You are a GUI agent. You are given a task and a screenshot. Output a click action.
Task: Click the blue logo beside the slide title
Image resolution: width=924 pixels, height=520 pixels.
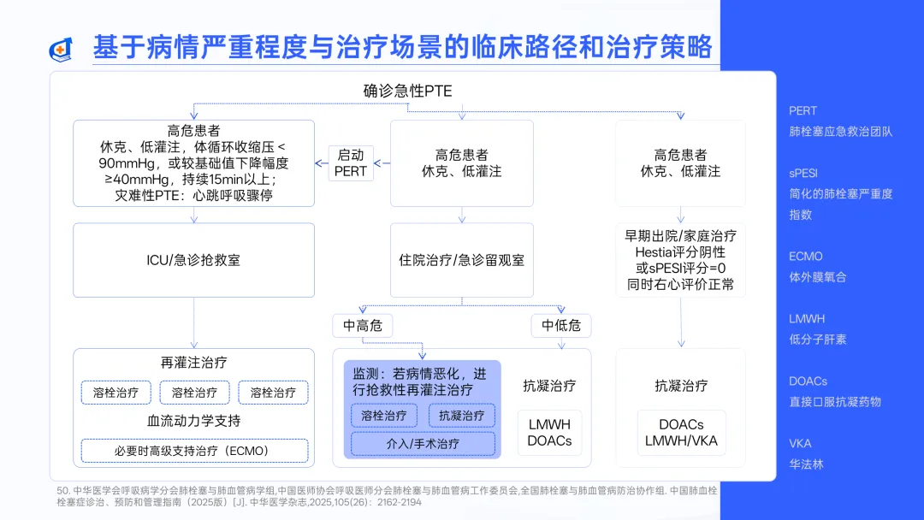60,49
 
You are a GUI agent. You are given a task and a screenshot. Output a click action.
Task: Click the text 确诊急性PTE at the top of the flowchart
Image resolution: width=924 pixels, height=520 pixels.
407,91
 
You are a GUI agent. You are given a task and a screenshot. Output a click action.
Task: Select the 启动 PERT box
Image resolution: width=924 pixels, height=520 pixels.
351,162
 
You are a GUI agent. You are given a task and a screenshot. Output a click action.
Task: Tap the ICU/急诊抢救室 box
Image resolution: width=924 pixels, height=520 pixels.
193,260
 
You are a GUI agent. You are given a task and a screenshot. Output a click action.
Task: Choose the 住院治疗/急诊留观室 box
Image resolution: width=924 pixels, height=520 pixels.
462,260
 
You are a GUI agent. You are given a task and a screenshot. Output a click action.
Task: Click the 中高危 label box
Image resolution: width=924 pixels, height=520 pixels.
363,325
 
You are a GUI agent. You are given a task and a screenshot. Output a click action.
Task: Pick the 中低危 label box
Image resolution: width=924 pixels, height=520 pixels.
561,325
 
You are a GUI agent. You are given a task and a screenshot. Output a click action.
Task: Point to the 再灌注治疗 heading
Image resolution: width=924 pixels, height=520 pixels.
193,363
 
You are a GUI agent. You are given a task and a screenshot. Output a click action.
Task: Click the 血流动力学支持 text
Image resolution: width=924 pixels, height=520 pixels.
193,421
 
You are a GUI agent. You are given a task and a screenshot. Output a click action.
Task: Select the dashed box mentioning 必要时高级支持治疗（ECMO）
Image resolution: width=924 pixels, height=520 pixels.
193,450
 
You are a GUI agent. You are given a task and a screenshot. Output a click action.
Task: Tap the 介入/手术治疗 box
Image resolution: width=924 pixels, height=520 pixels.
423,444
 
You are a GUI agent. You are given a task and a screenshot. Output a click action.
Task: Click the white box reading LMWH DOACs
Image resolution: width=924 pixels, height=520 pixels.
549,433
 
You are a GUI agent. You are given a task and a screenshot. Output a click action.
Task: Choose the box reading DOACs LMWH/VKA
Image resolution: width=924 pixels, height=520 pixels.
681,433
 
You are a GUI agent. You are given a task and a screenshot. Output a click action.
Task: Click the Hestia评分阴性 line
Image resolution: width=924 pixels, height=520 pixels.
680,252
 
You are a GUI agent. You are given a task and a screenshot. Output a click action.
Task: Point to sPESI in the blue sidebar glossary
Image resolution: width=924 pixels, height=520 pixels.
803,173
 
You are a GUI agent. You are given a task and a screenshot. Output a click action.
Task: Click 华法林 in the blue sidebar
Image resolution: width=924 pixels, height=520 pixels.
805,464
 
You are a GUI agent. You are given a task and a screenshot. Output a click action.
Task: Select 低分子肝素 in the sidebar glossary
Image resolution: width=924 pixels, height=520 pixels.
817,340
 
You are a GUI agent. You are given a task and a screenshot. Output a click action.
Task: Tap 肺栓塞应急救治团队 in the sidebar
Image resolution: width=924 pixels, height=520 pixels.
840,132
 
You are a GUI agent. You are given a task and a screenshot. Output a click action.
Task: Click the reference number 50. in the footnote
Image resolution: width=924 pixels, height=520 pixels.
62,490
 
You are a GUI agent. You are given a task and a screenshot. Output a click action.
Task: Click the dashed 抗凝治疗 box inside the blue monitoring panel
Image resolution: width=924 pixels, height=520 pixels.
462,416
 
